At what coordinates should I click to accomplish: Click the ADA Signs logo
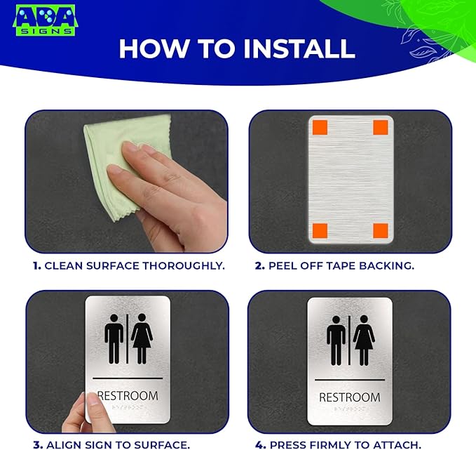tap(46, 20)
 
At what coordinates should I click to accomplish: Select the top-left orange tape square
tap(319, 128)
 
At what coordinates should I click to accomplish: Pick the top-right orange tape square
tap(381, 127)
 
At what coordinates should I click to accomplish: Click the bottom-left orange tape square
tap(319, 230)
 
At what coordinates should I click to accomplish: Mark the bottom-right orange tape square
tap(381, 230)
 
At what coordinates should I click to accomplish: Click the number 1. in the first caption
tap(36, 265)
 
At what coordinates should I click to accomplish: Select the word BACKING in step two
tap(390, 265)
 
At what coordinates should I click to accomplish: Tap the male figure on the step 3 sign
tap(114, 338)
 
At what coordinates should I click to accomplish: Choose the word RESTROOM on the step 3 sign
tap(128, 396)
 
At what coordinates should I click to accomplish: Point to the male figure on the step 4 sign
tap(336, 340)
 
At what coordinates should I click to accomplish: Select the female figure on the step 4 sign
tap(363, 340)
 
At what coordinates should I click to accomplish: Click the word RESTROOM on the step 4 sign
tap(349, 397)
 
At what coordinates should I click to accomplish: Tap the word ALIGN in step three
tap(62, 444)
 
